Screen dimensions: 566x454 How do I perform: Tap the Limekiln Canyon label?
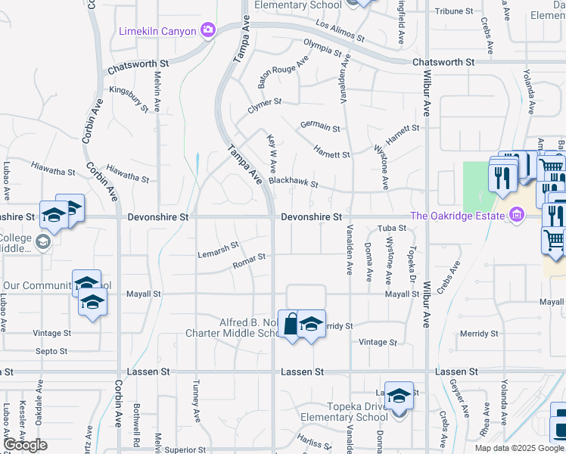(x=157, y=30)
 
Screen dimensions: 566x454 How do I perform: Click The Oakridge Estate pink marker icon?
(x=518, y=216)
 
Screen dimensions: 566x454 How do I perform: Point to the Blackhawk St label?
(x=293, y=182)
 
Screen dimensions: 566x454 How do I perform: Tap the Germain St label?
(x=319, y=126)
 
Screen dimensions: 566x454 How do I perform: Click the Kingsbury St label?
(x=129, y=99)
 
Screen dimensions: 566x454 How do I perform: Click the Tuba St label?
(x=392, y=228)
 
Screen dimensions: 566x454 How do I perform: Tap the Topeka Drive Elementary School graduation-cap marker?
(x=399, y=396)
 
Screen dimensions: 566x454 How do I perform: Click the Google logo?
(x=25, y=445)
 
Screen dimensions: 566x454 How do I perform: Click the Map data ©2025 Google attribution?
(x=519, y=448)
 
